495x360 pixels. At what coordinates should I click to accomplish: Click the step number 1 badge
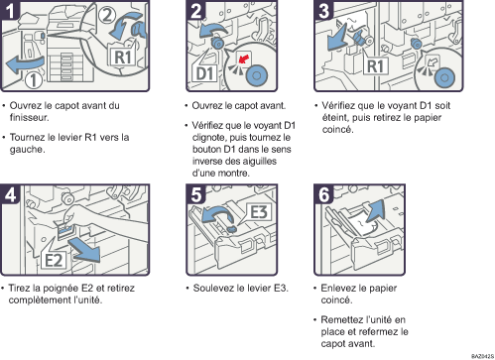(10, 10)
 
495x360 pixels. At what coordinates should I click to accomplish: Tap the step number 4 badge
(10, 194)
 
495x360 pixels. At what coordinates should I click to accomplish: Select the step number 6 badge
(323, 194)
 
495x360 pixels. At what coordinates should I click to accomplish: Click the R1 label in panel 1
(122, 58)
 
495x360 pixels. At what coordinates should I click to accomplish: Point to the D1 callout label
(205, 73)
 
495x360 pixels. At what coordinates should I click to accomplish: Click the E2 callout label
(54, 260)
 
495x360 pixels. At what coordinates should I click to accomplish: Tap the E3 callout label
(259, 211)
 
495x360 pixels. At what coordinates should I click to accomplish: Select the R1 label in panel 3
(376, 66)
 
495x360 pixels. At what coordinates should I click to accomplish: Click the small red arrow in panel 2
(244, 60)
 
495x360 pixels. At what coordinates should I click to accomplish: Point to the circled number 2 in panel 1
(106, 15)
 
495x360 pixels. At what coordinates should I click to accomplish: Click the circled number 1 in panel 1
(34, 80)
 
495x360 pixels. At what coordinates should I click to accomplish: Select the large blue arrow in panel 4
(84, 250)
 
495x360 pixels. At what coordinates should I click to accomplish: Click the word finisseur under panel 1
(29, 118)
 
